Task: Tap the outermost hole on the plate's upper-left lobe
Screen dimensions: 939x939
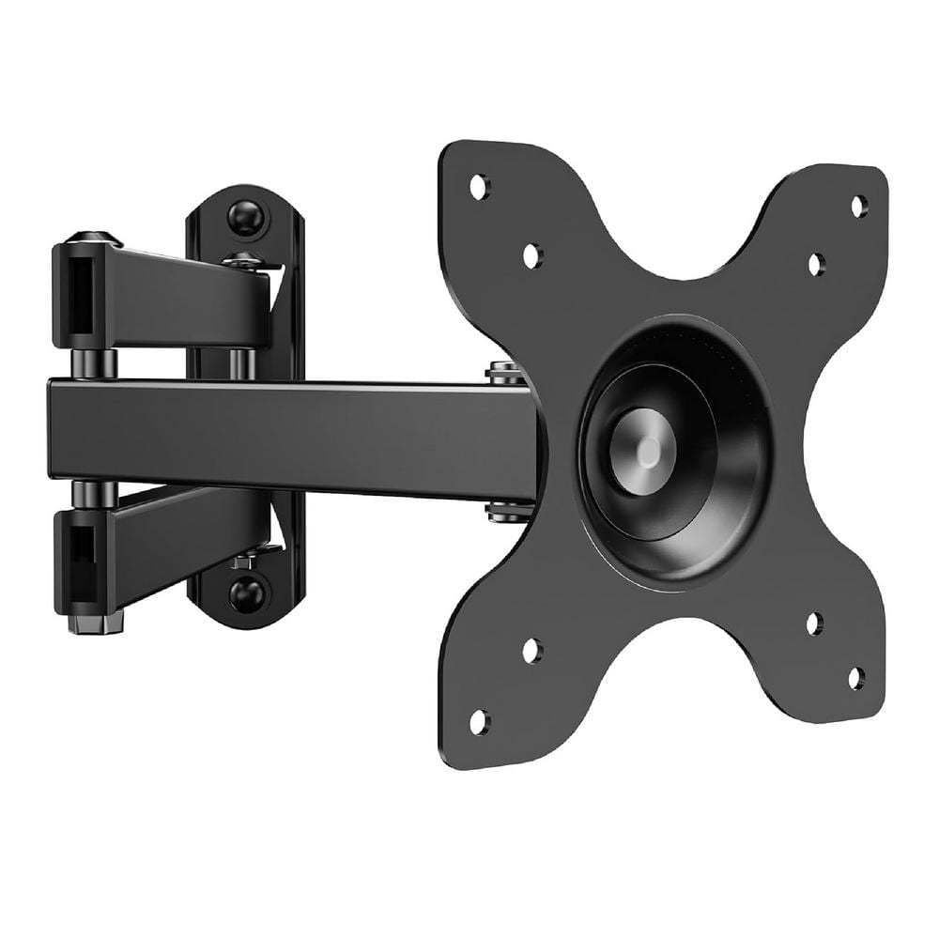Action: point(479,185)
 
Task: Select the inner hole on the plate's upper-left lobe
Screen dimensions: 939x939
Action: point(531,254)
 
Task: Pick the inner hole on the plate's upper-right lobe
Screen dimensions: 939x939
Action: point(815,265)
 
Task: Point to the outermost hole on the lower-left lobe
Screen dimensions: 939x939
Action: point(479,722)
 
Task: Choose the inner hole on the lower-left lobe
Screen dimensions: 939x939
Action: point(531,650)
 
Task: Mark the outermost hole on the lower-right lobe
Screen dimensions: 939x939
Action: point(856,677)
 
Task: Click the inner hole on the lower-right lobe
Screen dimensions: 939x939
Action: point(814,623)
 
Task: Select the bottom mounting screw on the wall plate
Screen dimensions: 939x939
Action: point(248,593)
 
